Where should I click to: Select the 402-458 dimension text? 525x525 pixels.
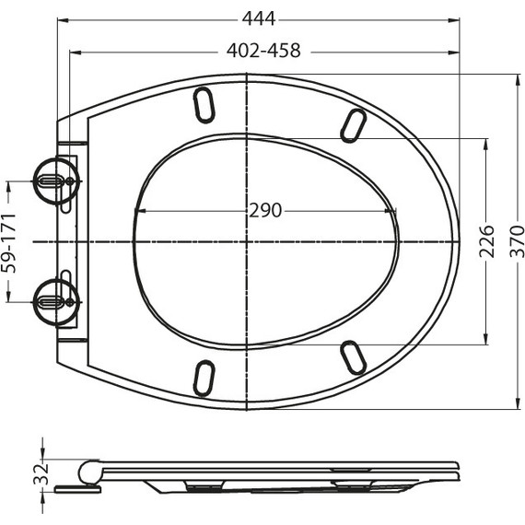(x=263, y=52)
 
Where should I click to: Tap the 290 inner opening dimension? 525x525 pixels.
(x=265, y=211)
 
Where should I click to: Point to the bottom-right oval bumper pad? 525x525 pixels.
(x=352, y=356)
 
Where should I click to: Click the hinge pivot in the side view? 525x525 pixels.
(x=89, y=472)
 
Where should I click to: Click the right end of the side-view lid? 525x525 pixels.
(x=455, y=470)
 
